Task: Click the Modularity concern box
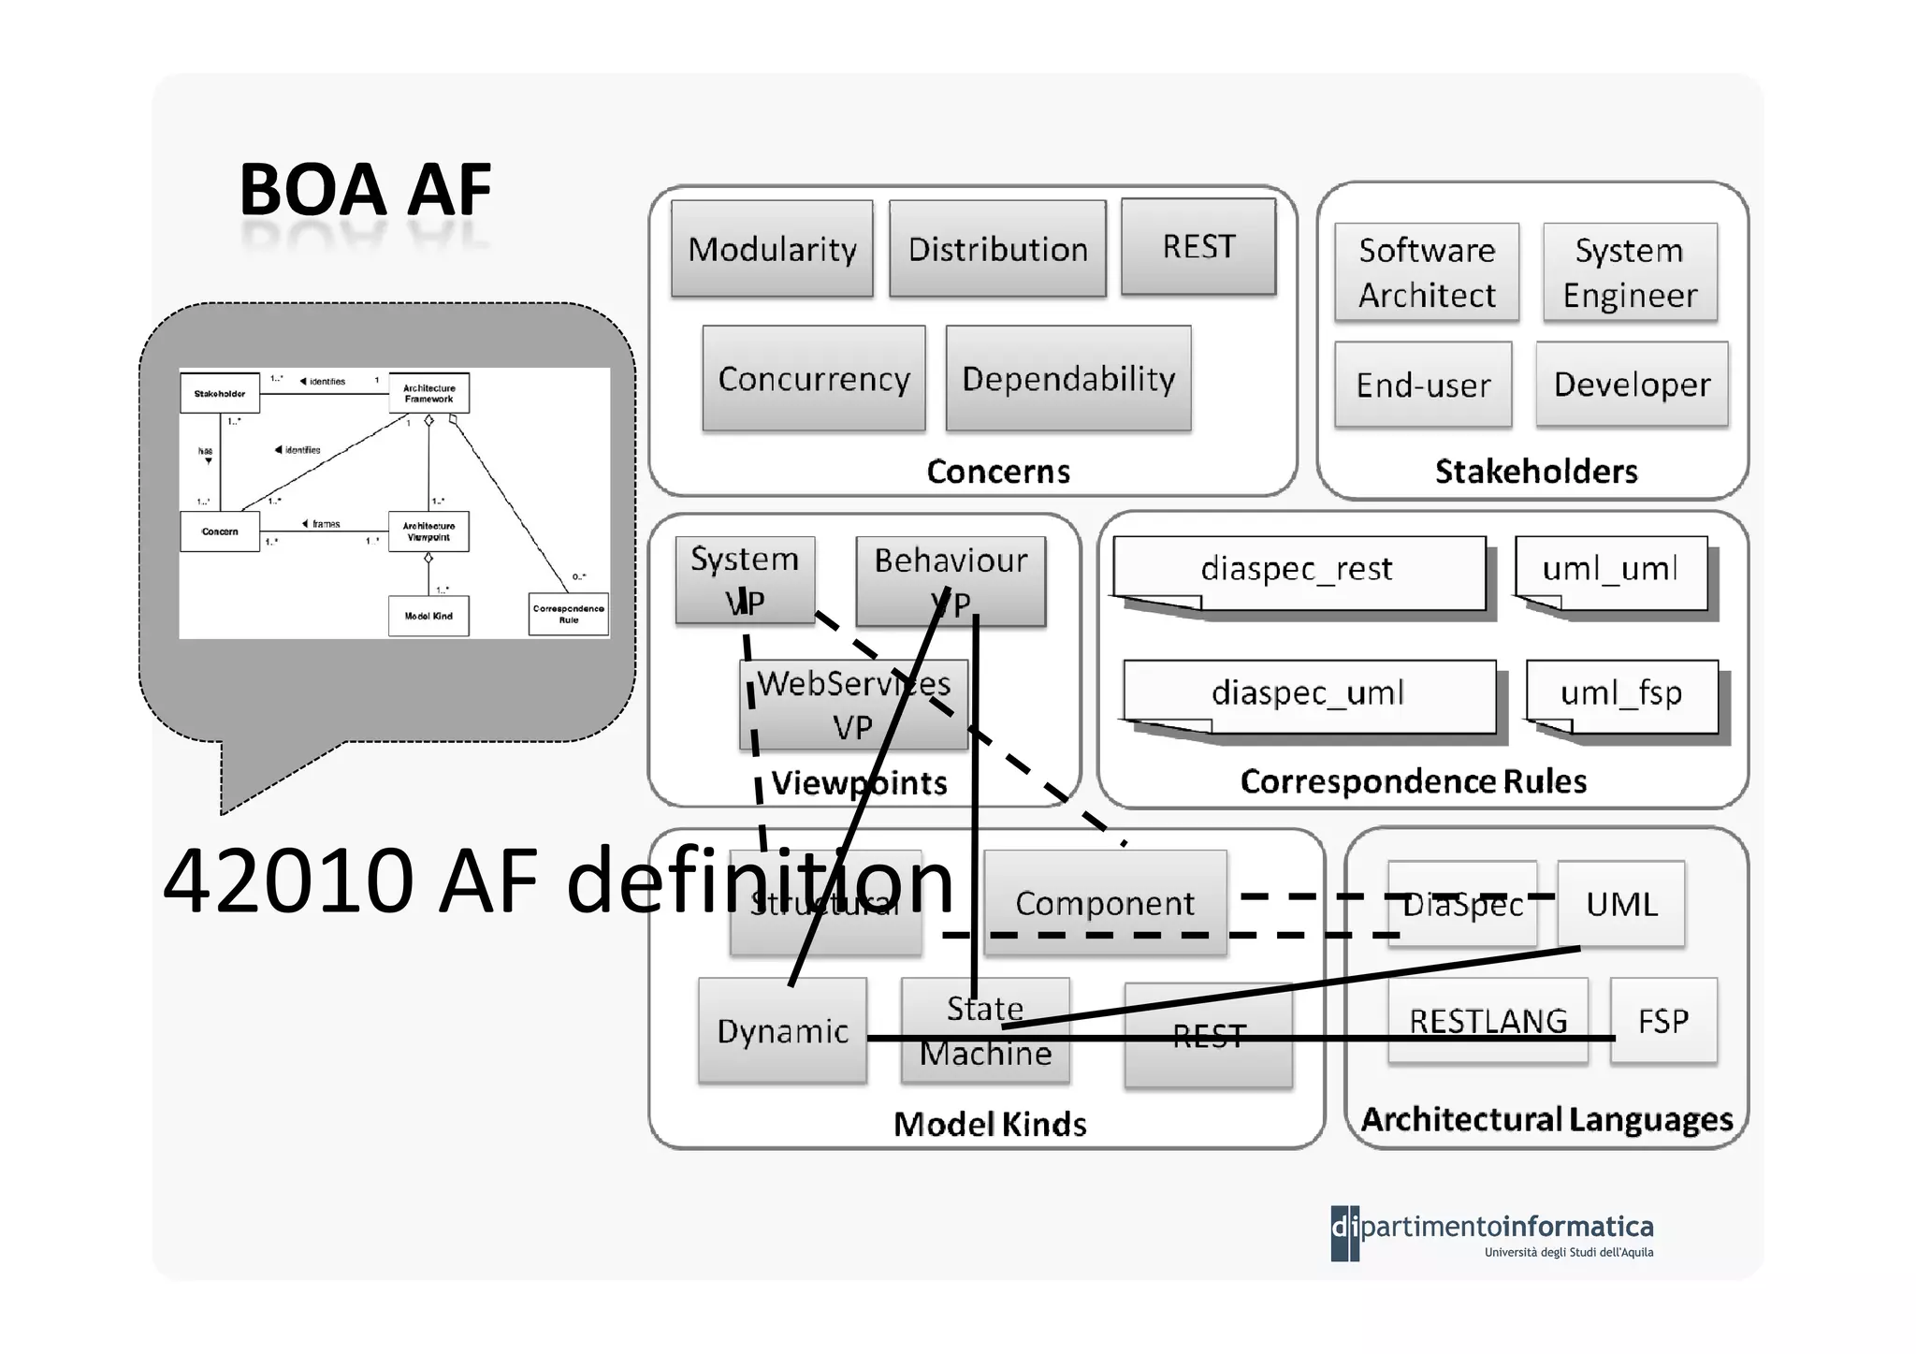coord(772,249)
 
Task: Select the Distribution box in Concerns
coord(997,249)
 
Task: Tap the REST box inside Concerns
coord(1198,247)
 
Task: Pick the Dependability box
coord(1068,378)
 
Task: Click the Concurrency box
coord(814,378)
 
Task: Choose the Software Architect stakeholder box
coord(1427,272)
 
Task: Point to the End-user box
coord(1423,385)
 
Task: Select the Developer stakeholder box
coord(1632,385)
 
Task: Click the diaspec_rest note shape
coord(1299,569)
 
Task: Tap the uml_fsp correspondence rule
coord(1621,693)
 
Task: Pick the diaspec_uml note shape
coord(1308,693)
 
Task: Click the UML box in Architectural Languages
coord(1621,904)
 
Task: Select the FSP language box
coord(1663,1020)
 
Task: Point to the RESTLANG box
coord(1488,1020)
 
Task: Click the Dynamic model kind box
coord(782,1030)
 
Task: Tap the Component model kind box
coord(1105,903)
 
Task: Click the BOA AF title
coord(365,190)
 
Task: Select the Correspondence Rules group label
coord(1413,781)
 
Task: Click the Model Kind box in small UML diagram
coord(428,616)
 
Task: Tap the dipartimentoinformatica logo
coord(1492,1232)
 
